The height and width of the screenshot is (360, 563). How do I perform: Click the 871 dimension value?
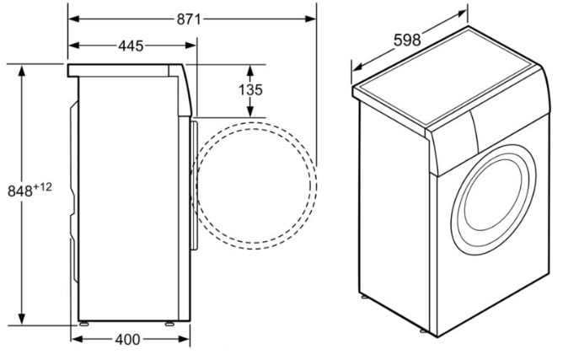click(189, 19)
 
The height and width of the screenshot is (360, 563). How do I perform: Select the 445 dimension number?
click(131, 46)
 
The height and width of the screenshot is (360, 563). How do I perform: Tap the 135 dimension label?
click(250, 90)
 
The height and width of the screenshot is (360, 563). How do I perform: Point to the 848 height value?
click(20, 191)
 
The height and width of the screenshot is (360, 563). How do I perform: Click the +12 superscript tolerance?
click(43, 187)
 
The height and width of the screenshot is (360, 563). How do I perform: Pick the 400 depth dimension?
click(128, 339)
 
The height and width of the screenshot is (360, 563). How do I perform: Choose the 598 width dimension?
click(407, 40)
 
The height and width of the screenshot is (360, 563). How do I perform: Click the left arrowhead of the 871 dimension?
click(73, 19)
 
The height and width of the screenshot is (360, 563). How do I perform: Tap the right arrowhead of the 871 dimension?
click(311, 19)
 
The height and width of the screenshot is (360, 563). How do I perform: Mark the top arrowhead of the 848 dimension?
click(22, 71)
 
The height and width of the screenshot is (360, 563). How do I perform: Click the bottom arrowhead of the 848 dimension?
click(22, 319)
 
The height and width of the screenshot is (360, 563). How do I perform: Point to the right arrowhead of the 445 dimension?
click(190, 46)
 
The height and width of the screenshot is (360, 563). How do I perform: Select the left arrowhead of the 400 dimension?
click(77, 339)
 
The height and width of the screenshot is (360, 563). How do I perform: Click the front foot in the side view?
click(169, 324)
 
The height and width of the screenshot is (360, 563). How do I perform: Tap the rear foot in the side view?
click(84, 324)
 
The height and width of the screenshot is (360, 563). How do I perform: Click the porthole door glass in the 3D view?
click(492, 199)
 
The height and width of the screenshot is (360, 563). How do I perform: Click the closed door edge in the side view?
click(194, 185)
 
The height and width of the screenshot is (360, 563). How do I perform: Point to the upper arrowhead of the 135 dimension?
click(250, 71)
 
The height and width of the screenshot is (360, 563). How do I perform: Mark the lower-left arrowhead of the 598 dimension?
click(357, 67)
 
